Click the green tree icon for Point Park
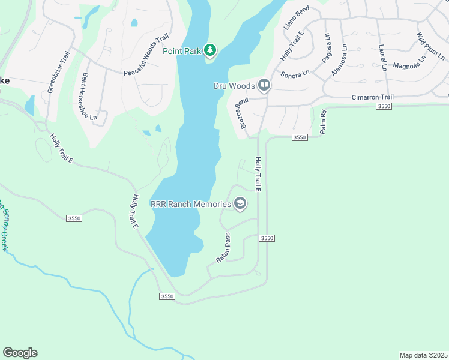point(209,50)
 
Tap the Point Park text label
point(182,51)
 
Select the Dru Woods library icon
point(264,85)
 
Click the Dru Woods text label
point(234,86)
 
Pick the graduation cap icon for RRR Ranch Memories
point(240,204)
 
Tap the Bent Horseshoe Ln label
point(89,97)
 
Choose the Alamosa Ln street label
point(340,61)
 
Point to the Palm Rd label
point(323,122)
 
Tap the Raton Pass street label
point(223,247)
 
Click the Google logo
point(20,353)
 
